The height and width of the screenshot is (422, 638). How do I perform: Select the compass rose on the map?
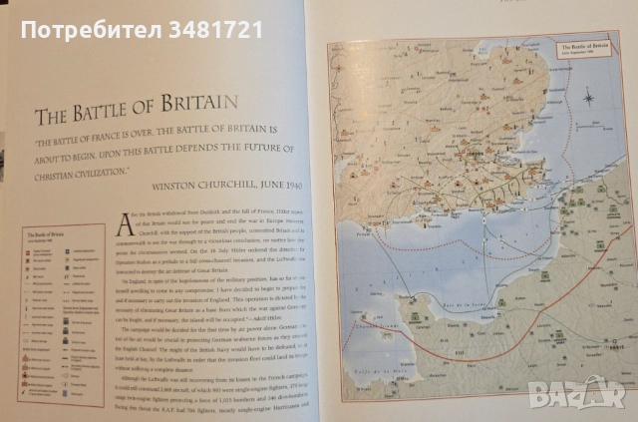tap(588, 98)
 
